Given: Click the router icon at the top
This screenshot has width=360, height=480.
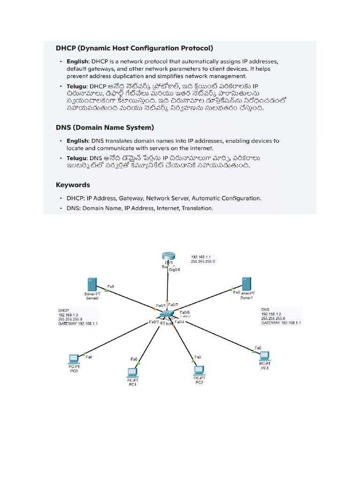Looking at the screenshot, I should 168,256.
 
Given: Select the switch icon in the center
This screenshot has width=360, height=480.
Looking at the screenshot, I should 167,314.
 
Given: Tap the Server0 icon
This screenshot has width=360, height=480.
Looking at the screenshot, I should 91,285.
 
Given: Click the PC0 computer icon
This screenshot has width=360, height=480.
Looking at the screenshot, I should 74,359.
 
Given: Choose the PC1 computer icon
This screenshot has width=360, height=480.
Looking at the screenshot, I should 132,373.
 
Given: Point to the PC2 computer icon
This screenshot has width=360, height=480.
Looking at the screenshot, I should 200,371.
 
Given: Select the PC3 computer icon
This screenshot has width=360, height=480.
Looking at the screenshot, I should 265,355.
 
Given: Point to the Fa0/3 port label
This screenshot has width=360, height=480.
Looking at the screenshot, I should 154,322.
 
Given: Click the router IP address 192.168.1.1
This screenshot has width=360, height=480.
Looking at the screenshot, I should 201,257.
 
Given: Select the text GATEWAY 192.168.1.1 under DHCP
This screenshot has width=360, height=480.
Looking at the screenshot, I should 78,323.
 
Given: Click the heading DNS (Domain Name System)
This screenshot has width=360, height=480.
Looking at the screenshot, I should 105,127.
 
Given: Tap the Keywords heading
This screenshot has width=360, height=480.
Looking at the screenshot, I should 73,185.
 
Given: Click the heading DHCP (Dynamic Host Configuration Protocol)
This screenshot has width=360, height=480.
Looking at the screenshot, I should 134,48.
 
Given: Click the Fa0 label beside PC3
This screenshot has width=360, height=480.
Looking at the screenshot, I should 258,348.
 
